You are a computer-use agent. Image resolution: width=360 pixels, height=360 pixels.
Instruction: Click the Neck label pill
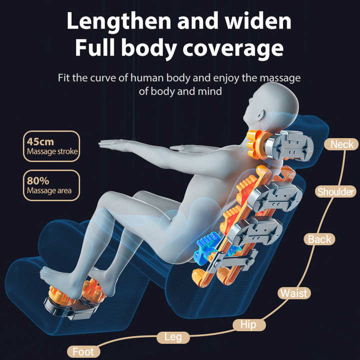(341, 144)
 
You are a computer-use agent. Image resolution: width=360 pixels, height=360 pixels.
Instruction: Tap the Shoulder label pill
(335, 191)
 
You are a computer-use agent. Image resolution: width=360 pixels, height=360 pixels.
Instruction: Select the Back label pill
(319, 239)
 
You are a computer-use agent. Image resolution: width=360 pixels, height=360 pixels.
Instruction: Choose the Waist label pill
(294, 293)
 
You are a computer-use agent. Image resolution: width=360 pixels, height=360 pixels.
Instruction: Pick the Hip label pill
(249, 324)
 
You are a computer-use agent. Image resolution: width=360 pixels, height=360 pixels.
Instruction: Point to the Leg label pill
(173, 337)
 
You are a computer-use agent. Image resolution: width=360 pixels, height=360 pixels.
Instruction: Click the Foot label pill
(83, 351)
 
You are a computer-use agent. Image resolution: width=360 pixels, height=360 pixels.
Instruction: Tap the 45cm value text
(40, 141)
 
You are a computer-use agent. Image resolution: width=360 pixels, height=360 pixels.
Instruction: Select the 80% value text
(38, 181)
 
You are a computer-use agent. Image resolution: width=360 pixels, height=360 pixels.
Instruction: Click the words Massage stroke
(52, 151)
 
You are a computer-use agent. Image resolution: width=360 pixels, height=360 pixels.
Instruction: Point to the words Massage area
(49, 191)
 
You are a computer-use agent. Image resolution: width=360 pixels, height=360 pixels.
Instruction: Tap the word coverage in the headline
(233, 48)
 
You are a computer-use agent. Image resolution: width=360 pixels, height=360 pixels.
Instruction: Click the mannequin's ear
(260, 114)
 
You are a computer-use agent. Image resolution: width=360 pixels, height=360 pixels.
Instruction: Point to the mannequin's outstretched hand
(112, 144)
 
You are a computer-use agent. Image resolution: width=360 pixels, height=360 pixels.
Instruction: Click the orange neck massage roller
(256, 144)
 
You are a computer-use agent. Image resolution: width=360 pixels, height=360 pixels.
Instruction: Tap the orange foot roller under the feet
(76, 291)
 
